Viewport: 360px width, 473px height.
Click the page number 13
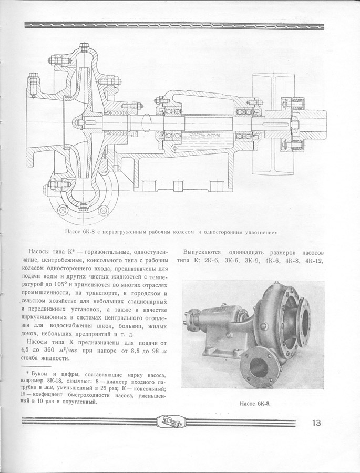(x=316, y=424)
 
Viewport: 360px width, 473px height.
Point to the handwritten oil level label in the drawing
(x=203, y=135)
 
